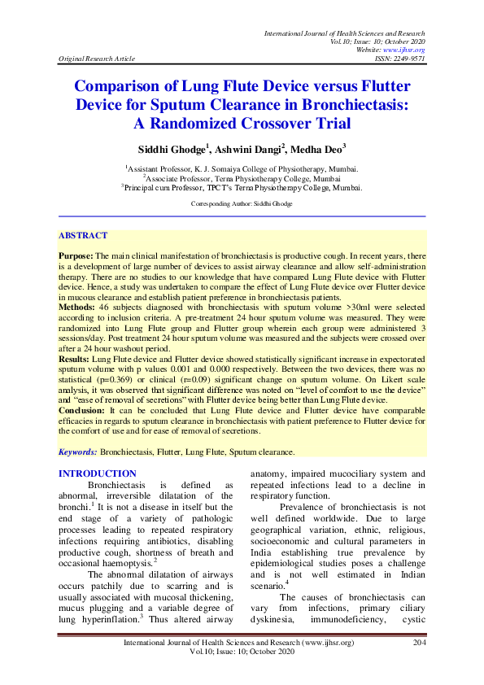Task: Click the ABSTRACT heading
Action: click(82, 235)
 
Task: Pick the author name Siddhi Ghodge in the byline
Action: click(172, 149)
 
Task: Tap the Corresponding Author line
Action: click(242, 201)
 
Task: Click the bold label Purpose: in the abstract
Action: click(76, 255)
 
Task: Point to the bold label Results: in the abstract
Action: click(75, 357)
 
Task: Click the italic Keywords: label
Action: click(78, 451)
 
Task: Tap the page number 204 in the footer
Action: click(420, 665)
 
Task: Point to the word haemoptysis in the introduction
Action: click(121, 563)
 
